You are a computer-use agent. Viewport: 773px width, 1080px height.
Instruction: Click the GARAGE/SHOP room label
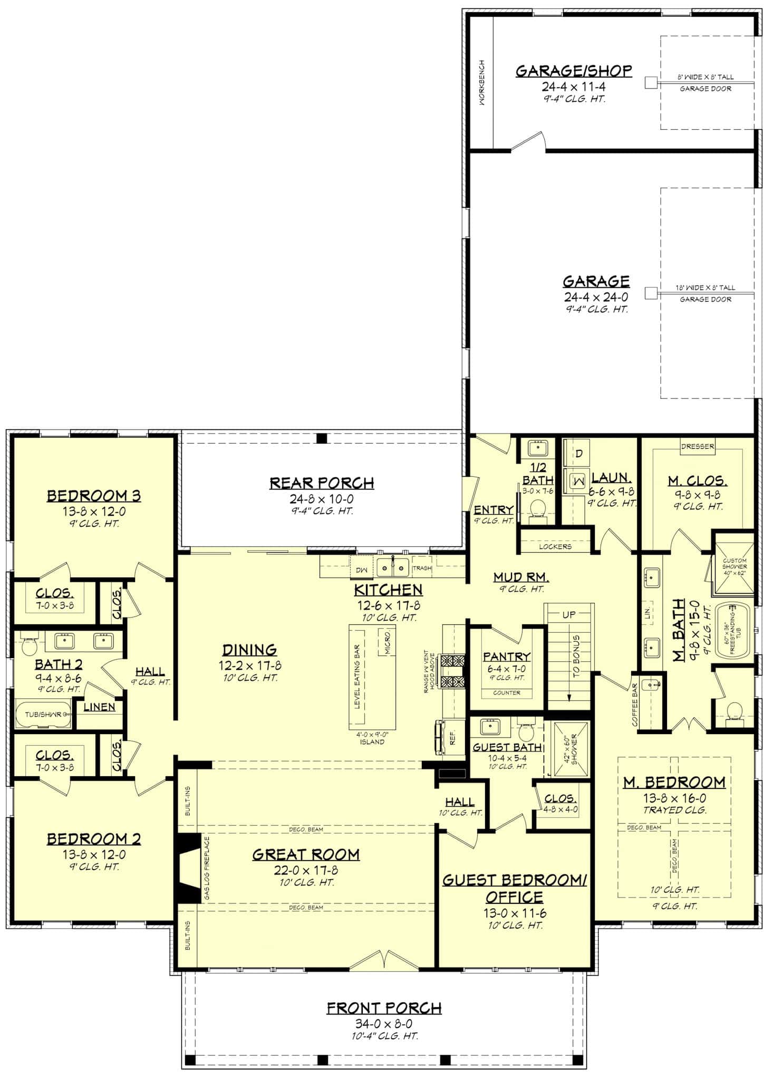[x=573, y=71]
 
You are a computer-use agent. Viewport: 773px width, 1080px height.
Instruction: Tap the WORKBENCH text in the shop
[x=482, y=83]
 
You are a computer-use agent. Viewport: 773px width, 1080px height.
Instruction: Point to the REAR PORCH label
[x=322, y=483]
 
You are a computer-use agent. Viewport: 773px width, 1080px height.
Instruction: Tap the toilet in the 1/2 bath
[x=537, y=509]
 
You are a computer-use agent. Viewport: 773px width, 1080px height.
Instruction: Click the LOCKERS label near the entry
[x=555, y=546]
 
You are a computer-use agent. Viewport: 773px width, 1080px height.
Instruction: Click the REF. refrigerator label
[x=452, y=739]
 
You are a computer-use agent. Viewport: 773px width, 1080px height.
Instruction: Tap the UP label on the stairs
[x=569, y=614]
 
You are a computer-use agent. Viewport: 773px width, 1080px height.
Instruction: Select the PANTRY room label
[x=506, y=657]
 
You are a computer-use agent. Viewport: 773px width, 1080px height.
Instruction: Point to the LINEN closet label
[x=99, y=707]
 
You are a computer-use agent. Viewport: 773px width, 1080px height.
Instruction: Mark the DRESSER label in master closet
[x=697, y=446]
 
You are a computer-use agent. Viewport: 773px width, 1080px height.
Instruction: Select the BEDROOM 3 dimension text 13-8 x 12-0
[x=93, y=511]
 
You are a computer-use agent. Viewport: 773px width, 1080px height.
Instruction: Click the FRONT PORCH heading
[x=384, y=1008]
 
